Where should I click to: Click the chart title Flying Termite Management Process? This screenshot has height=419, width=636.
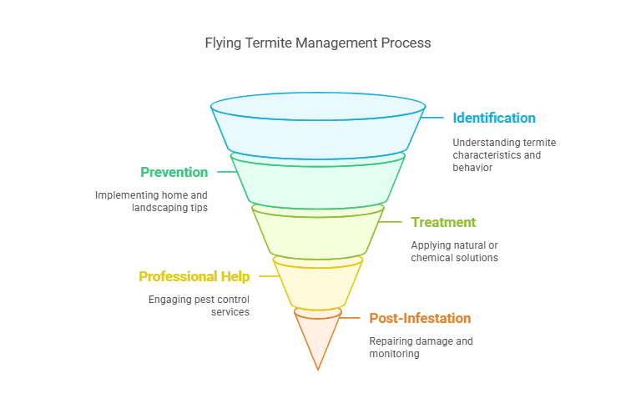click(x=317, y=43)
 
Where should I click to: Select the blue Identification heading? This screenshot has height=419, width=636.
click(x=494, y=118)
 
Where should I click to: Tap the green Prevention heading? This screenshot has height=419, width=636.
click(x=174, y=172)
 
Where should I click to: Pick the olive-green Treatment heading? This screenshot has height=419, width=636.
click(x=443, y=223)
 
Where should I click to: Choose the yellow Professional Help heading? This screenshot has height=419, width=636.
click(x=194, y=276)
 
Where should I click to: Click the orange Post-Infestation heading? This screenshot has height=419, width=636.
click(x=420, y=318)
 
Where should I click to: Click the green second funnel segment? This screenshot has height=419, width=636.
click(x=317, y=180)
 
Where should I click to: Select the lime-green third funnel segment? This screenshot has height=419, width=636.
click(x=317, y=231)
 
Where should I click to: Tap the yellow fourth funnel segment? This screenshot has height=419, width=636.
click(x=317, y=284)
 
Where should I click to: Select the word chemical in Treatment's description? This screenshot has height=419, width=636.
click(x=434, y=258)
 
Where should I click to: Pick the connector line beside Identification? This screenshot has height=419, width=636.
click(x=433, y=118)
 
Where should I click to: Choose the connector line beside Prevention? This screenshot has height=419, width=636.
click(x=224, y=172)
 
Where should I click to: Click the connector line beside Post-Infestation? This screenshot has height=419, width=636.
click(x=354, y=318)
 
